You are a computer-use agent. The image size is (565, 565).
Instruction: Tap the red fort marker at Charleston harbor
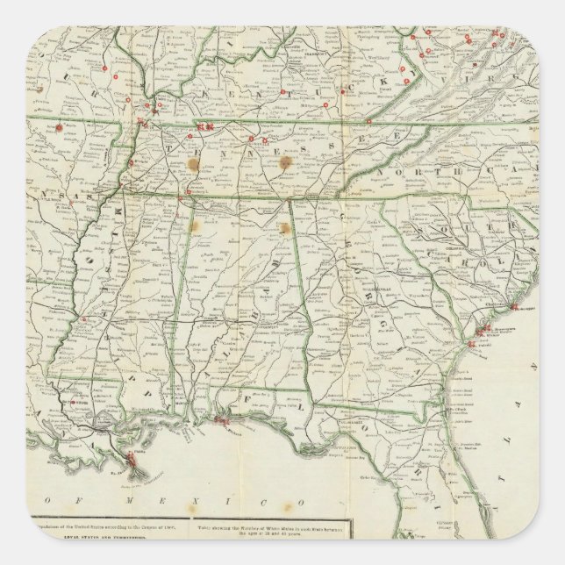(x=513, y=306)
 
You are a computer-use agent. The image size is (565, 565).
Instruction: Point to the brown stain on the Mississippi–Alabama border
(x=194, y=226)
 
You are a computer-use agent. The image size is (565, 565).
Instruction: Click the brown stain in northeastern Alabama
(x=284, y=229)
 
